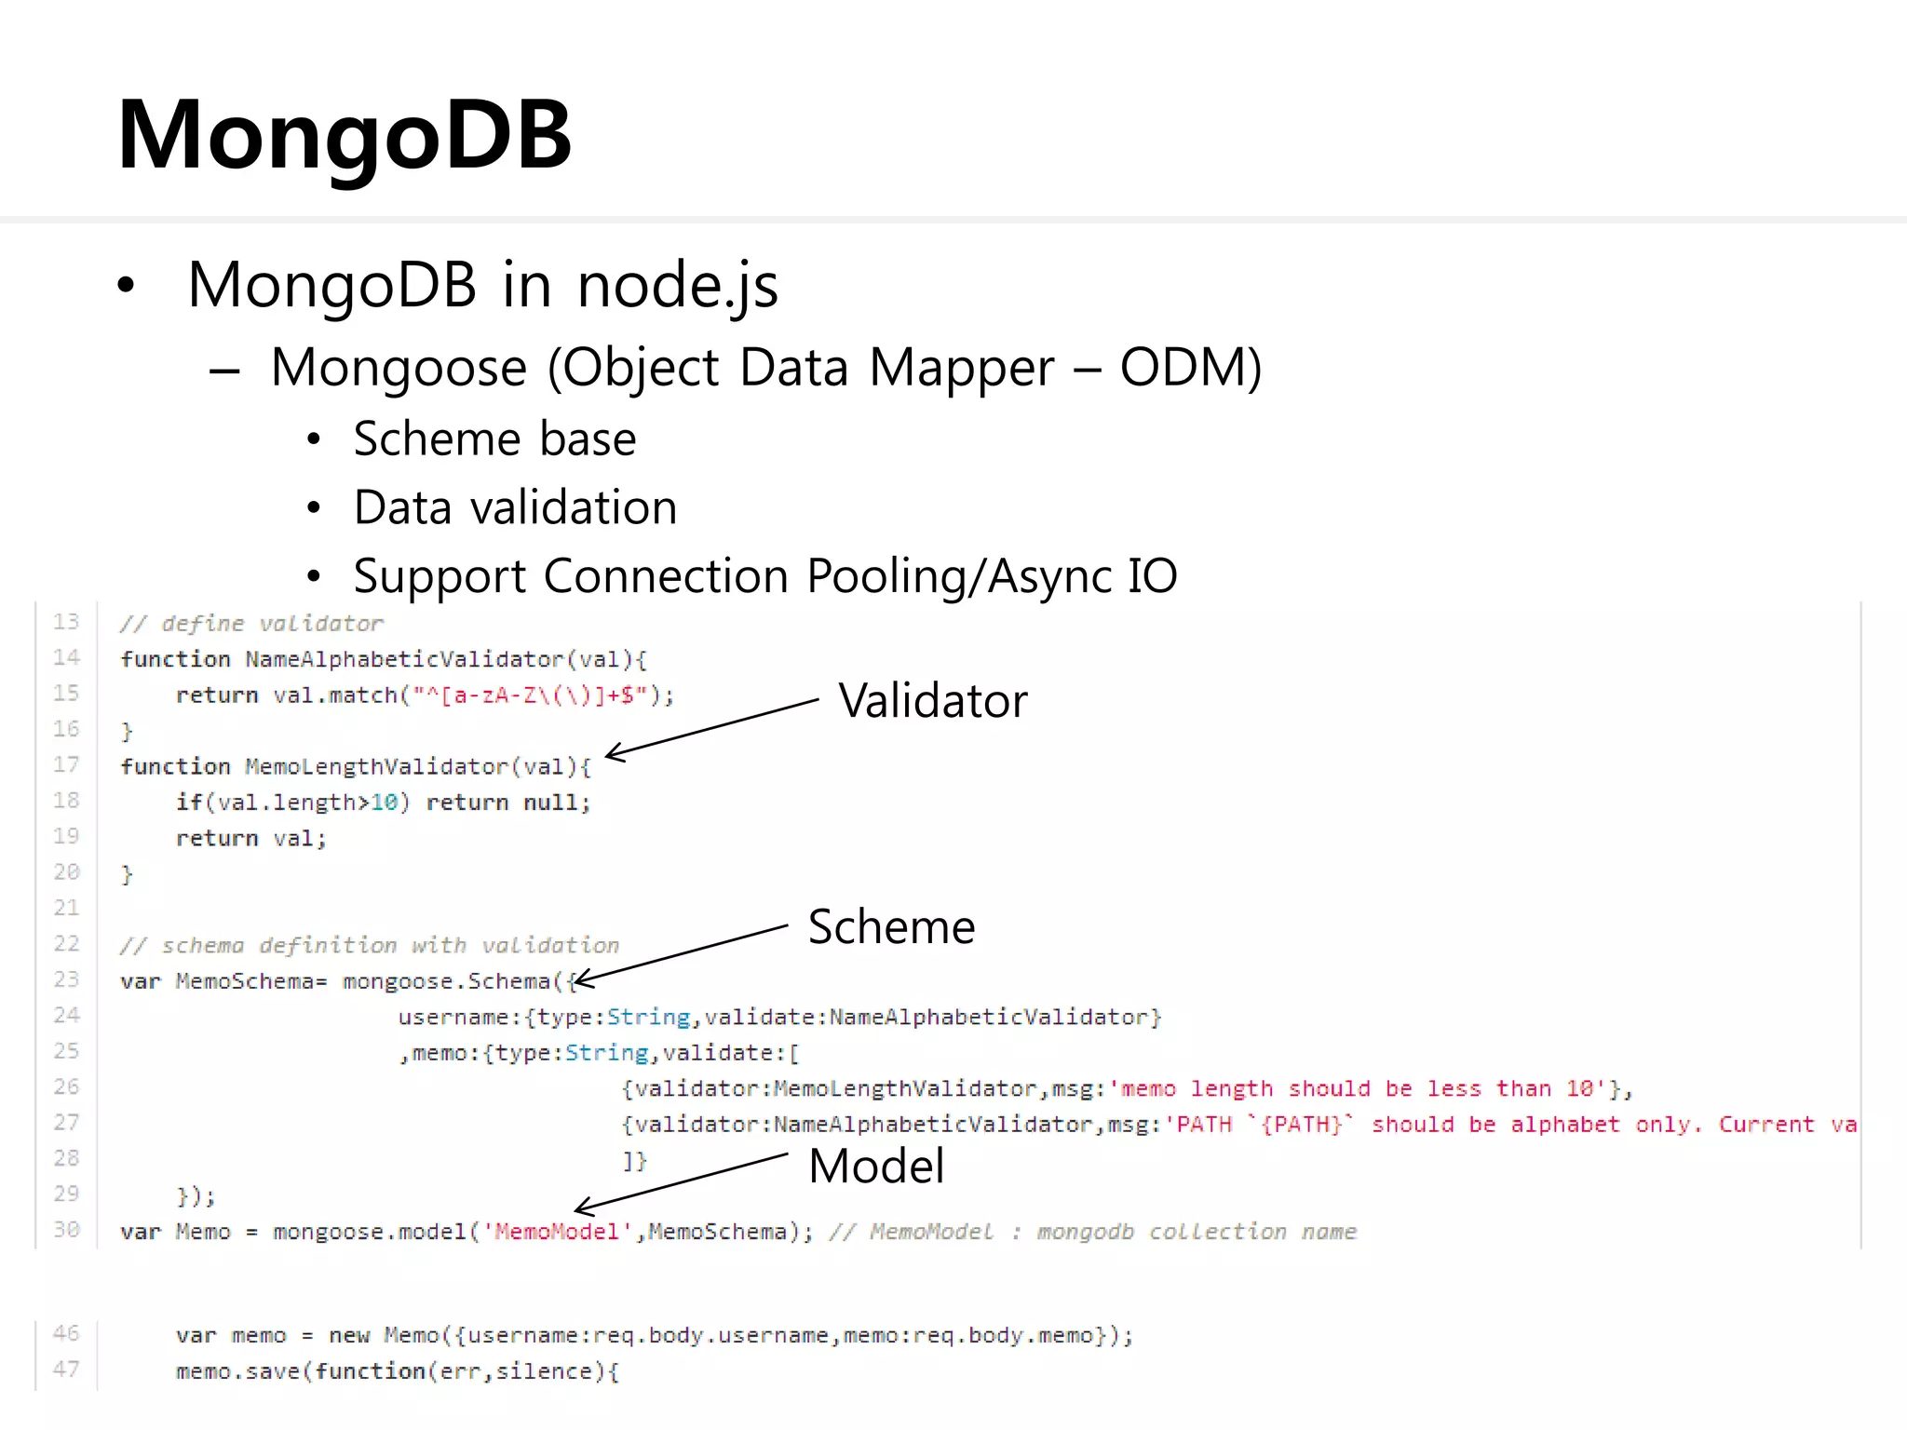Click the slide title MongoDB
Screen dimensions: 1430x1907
click(x=344, y=137)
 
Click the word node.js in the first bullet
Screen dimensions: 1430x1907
click(x=677, y=285)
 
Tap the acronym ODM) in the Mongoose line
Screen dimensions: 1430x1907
click(x=1190, y=367)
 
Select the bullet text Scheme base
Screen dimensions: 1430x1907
click(x=494, y=438)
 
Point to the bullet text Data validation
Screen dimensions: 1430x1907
click(x=515, y=507)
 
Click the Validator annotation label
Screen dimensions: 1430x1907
click(x=932, y=700)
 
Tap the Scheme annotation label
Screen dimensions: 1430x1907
click(x=891, y=926)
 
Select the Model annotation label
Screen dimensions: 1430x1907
click(x=876, y=1166)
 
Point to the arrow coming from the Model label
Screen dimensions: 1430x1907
click(x=681, y=1182)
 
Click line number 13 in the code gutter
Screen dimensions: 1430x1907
click(x=66, y=622)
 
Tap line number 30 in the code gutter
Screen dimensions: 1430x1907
click(x=66, y=1230)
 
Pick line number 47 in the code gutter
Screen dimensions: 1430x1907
click(x=66, y=1369)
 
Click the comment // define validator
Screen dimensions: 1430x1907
click(x=251, y=623)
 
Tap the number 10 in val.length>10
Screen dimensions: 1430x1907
click(x=385, y=803)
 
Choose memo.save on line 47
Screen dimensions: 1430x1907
click(x=238, y=1371)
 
